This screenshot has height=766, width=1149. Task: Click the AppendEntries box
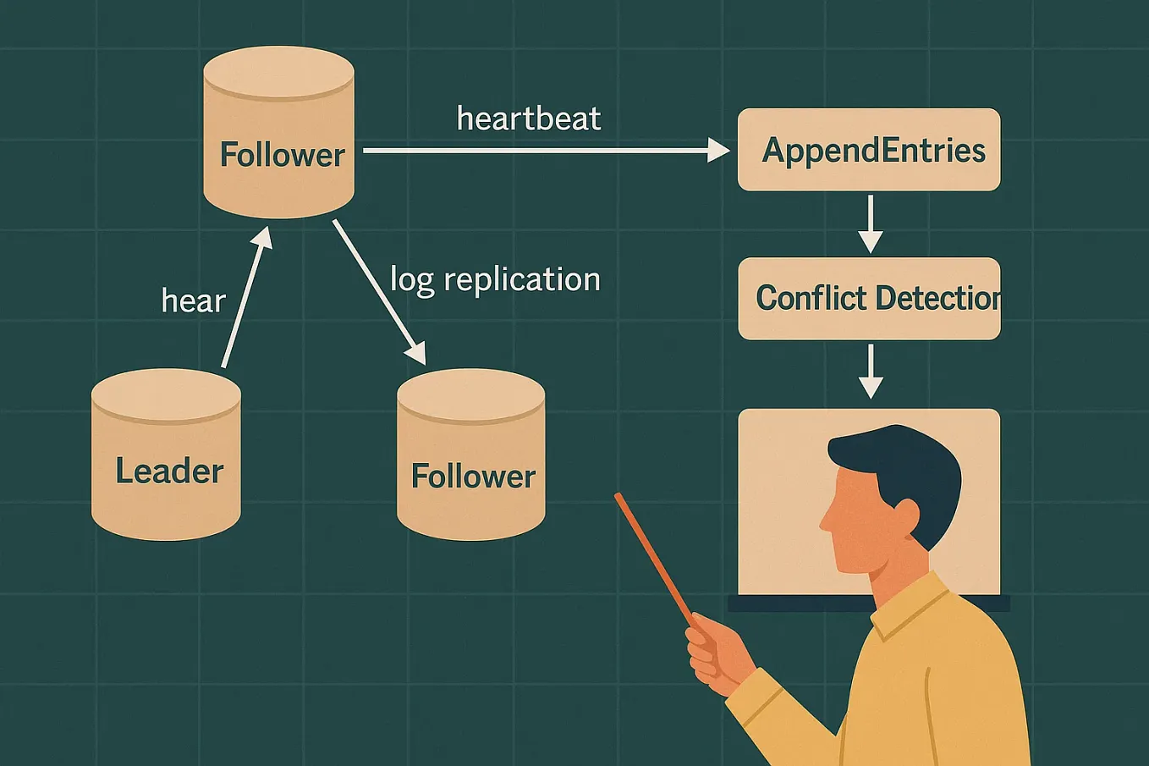[869, 150]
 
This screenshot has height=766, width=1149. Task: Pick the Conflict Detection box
[869, 298]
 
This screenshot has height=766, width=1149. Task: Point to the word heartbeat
[529, 118]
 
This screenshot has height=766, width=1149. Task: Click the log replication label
[495, 279]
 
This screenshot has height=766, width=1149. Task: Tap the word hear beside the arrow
[194, 301]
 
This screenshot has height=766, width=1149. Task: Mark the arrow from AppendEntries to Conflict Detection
[870, 224]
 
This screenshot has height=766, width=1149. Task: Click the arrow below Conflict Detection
[870, 372]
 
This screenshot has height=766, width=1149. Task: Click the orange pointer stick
[656, 559]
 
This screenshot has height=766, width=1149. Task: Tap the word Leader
[169, 471]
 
